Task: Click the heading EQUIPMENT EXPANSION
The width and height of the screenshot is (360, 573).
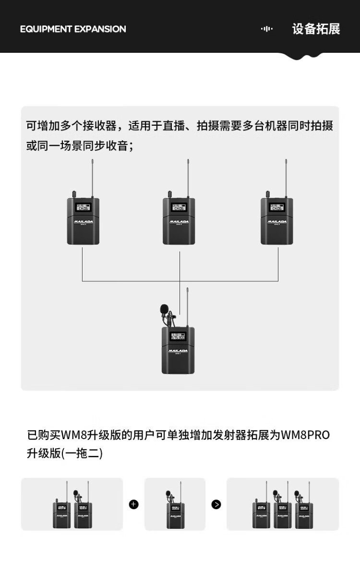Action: pos(73,29)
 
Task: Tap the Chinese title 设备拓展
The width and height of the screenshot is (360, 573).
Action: pos(316,29)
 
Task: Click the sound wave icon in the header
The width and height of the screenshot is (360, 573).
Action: pos(266,29)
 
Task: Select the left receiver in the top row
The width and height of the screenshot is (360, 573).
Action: pos(83,221)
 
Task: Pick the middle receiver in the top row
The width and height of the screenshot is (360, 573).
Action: pos(179,221)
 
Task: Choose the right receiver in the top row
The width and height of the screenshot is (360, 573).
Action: pos(277,221)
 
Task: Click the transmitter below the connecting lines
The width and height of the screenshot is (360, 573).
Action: pos(178,350)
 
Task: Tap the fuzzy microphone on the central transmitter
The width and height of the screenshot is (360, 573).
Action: pos(165,308)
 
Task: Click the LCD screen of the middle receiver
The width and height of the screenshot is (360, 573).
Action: pos(179,208)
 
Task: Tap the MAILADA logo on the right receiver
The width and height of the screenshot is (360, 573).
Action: pos(277,222)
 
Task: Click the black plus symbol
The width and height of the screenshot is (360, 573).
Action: pos(133,504)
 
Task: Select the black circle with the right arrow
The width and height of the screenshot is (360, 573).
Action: pos(216,504)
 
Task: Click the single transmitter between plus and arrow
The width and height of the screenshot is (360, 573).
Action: pos(175,515)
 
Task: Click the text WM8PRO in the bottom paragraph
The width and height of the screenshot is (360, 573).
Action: pos(305,435)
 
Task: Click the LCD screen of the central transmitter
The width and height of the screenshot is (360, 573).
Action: pos(178,336)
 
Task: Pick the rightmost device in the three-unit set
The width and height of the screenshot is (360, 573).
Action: pos(303,515)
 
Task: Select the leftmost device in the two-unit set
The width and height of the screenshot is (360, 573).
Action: pos(61,515)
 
